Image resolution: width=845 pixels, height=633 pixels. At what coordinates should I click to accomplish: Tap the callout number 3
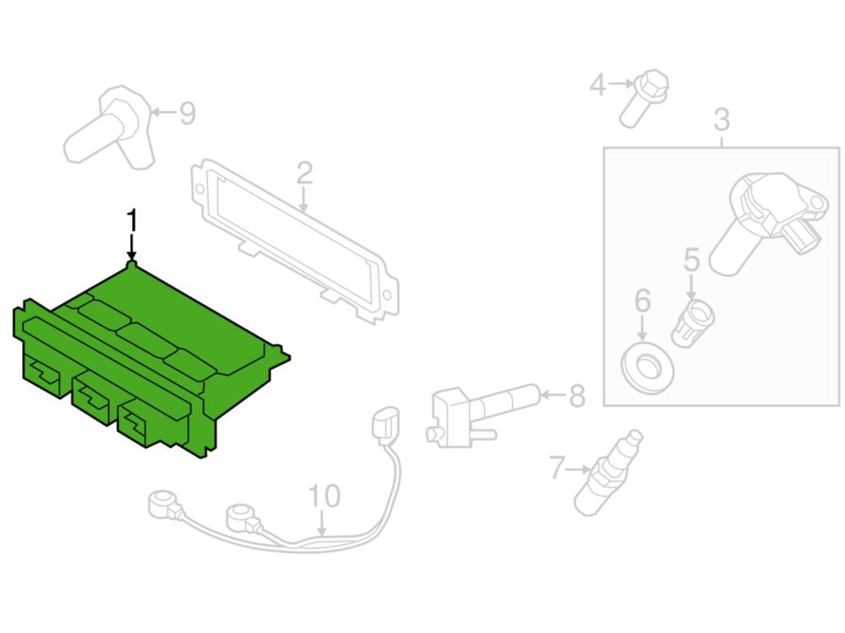click(x=721, y=120)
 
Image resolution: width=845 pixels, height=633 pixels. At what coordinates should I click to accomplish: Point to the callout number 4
click(x=598, y=84)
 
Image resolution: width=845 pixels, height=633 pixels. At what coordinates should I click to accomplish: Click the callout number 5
click(x=692, y=259)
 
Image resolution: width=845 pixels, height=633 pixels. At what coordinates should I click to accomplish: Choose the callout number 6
click(x=642, y=299)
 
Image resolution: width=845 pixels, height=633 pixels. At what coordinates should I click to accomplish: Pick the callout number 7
click(x=556, y=467)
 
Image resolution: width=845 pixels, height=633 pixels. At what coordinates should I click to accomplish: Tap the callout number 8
click(x=576, y=395)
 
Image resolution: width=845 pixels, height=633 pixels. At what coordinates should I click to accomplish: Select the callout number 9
click(x=187, y=112)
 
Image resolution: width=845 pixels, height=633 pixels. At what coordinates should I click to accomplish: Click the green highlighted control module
click(x=144, y=363)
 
